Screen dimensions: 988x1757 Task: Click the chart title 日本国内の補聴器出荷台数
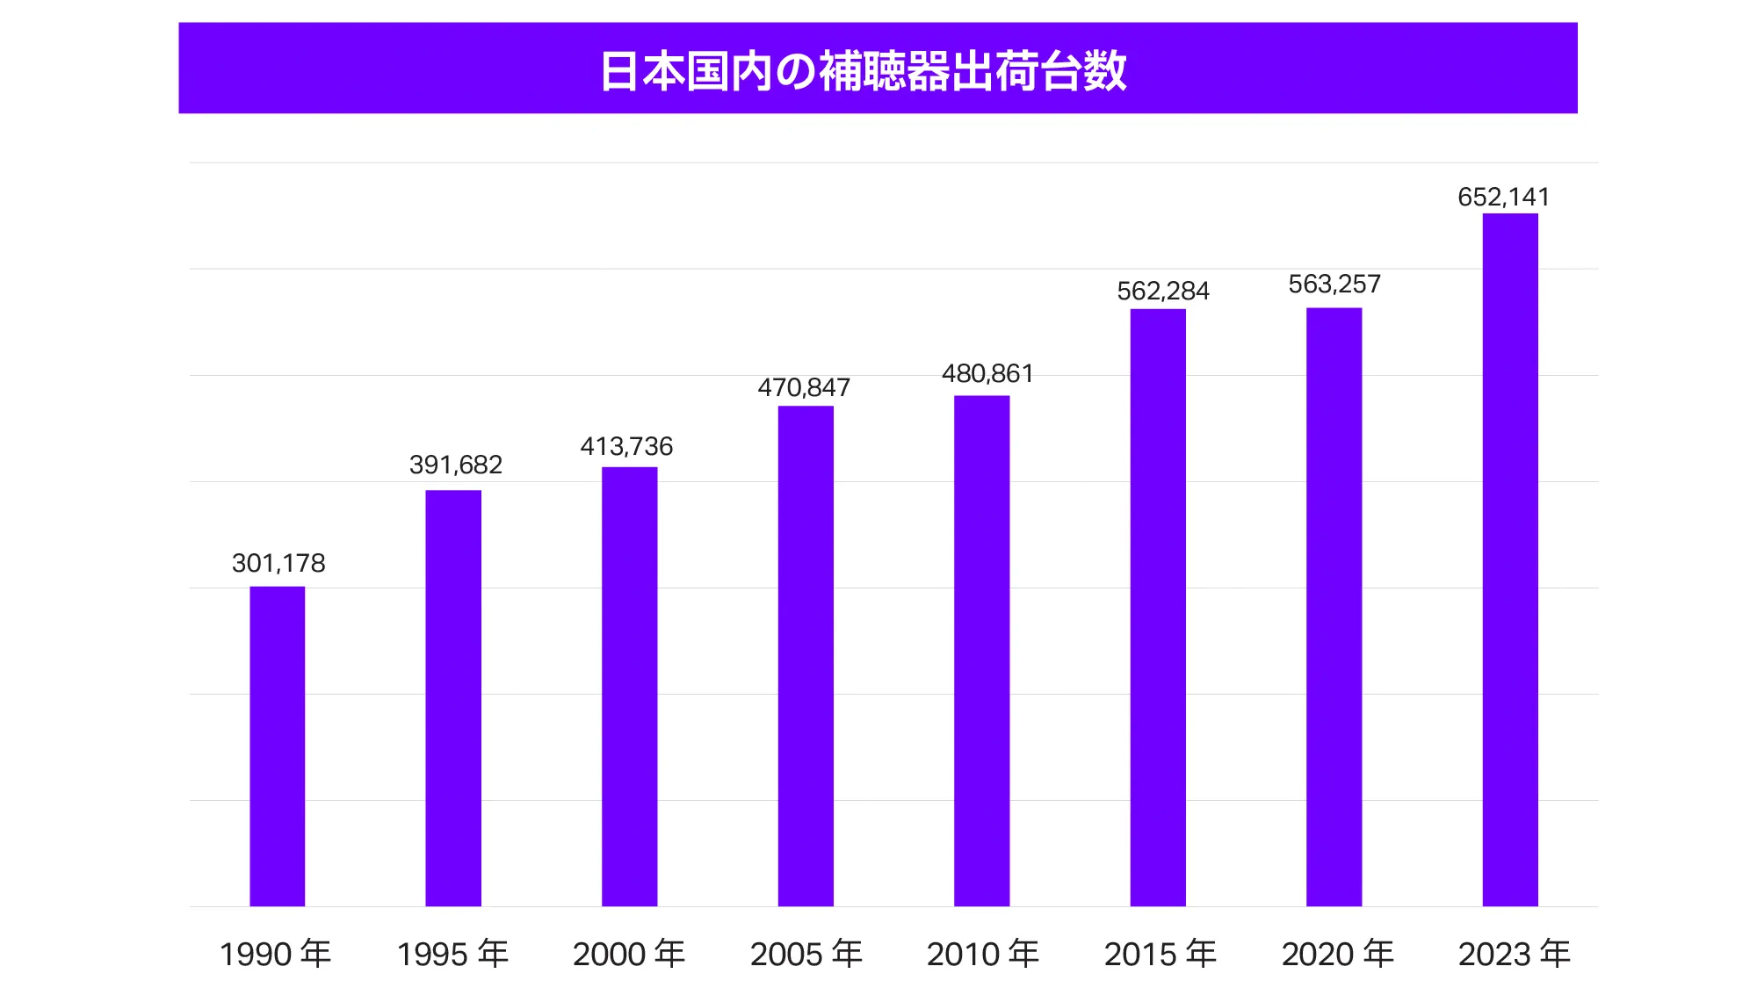[863, 70]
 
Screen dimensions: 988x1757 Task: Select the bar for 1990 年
[278, 746]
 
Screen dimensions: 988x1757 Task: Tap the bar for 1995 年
[453, 698]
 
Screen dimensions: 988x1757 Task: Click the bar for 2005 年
[806, 656]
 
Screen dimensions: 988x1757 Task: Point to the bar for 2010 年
[981, 651]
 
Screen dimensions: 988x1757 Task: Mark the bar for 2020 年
[1334, 607]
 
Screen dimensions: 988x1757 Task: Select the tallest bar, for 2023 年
[1510, 559]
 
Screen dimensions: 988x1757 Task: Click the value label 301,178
[278, 563]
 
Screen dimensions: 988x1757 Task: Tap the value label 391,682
[456, 465]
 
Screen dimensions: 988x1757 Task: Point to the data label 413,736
[626, 446]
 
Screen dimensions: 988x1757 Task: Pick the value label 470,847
[804, 387]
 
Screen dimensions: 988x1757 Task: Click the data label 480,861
[987, 373]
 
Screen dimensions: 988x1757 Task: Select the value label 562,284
[1163, 291]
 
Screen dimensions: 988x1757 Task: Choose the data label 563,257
[1334, 284]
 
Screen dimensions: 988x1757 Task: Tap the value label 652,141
[1504, 197]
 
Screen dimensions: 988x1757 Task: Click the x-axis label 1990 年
[275, 954]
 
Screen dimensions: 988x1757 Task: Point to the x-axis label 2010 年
[983, 954]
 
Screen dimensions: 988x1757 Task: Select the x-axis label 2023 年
[1515, 954]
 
